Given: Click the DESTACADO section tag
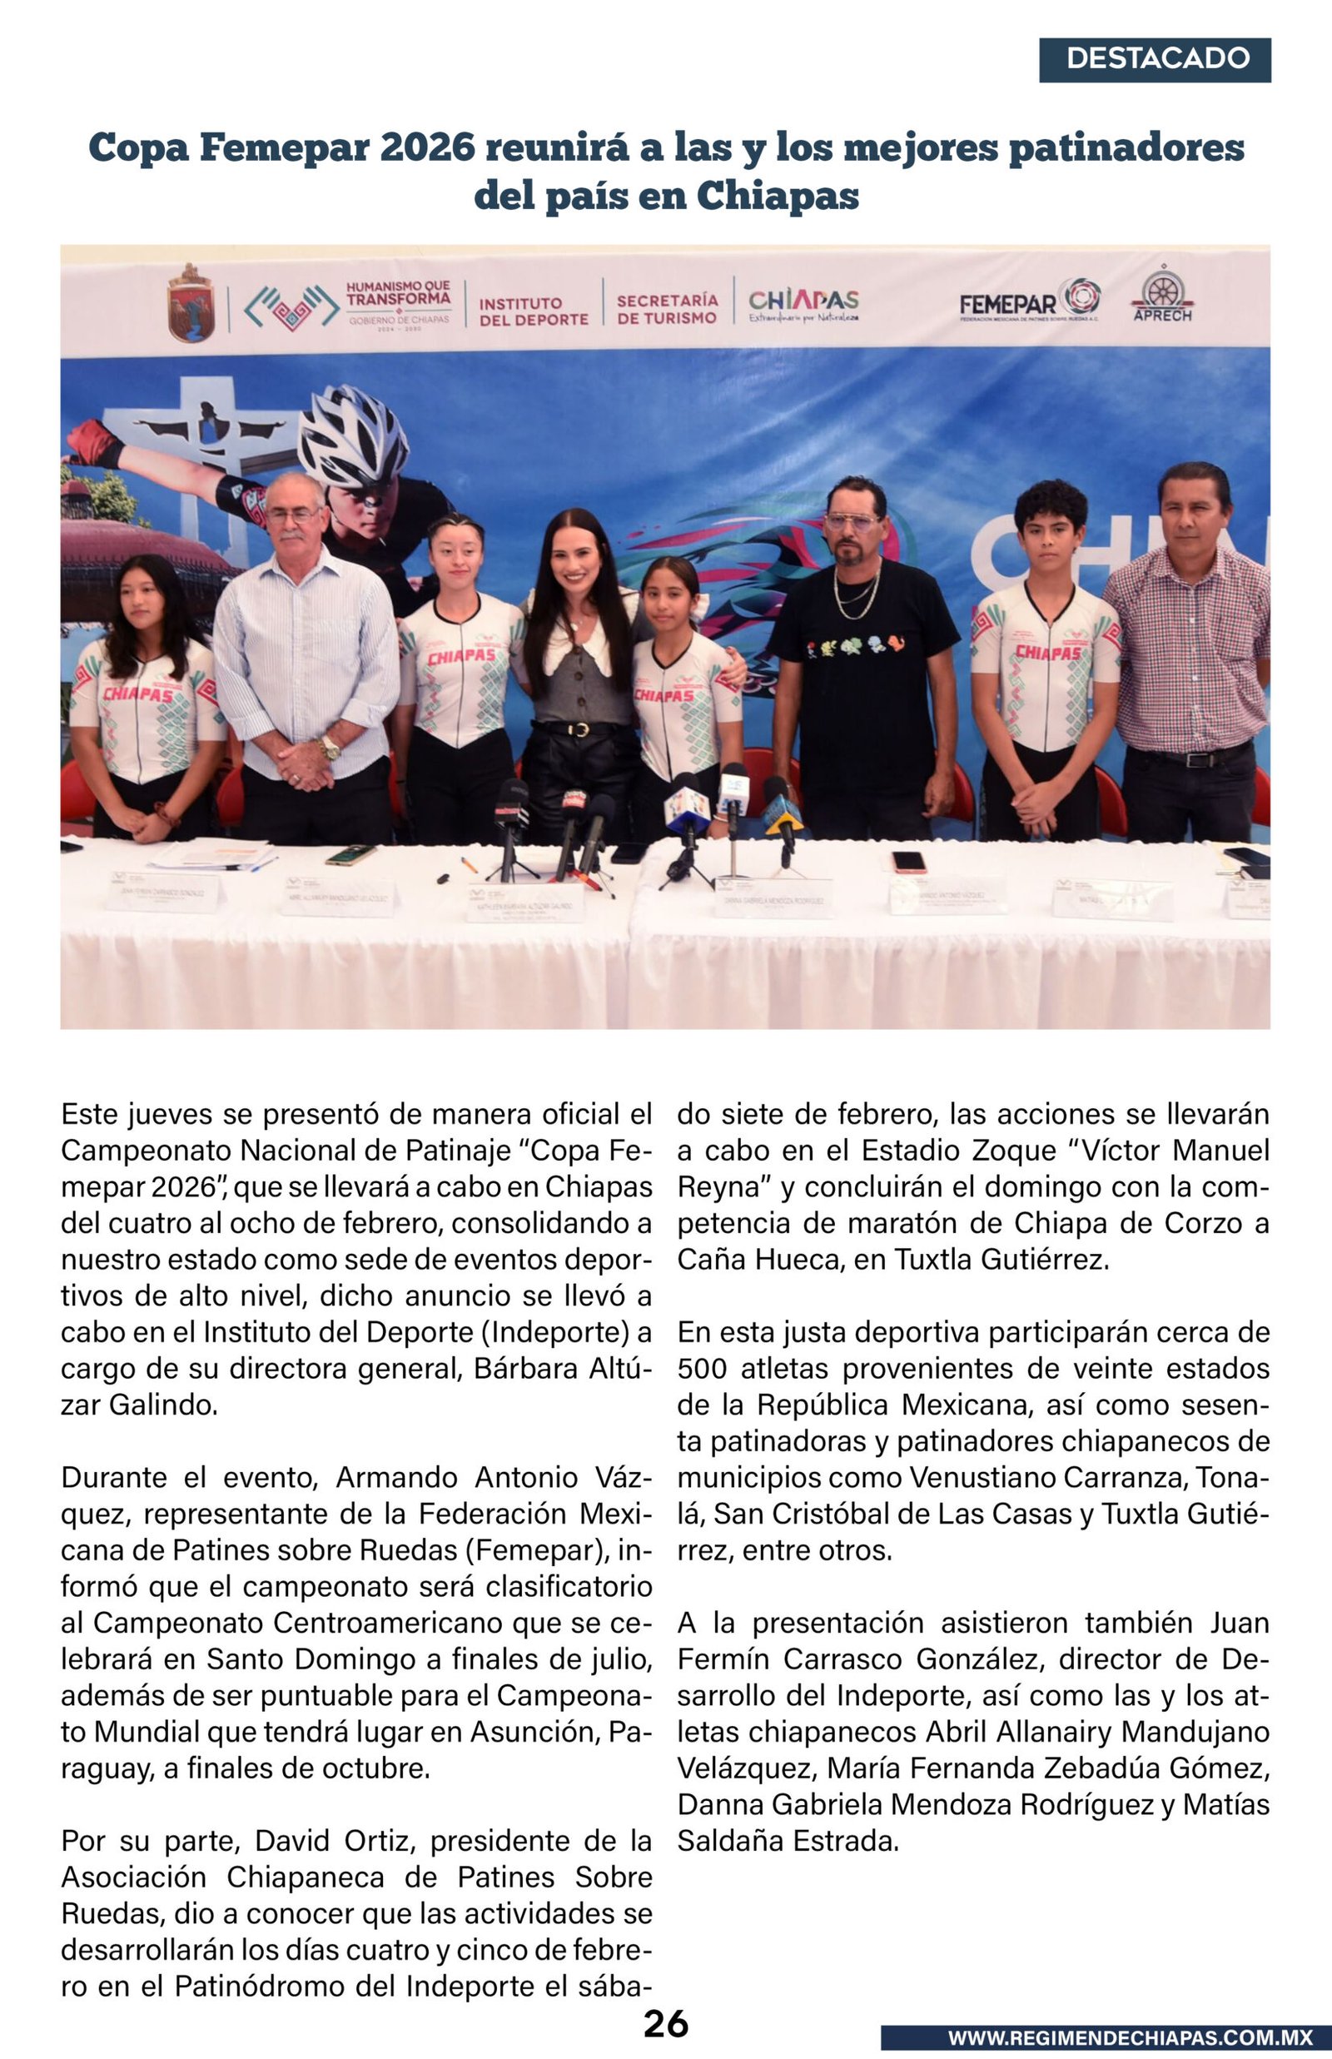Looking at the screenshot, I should point(1155,60).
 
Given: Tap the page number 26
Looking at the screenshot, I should point(665,2024).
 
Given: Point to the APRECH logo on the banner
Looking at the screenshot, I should point(1161,296).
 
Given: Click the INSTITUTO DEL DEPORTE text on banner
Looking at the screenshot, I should point(533,311).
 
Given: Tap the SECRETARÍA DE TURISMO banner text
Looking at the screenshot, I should point(666,309).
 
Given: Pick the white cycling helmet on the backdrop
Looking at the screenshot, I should point(353,437).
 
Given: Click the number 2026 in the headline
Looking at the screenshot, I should point(427,148).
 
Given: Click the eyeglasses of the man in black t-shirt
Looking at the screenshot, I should point(852,522).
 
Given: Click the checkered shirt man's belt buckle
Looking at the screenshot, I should point(1197,760).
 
